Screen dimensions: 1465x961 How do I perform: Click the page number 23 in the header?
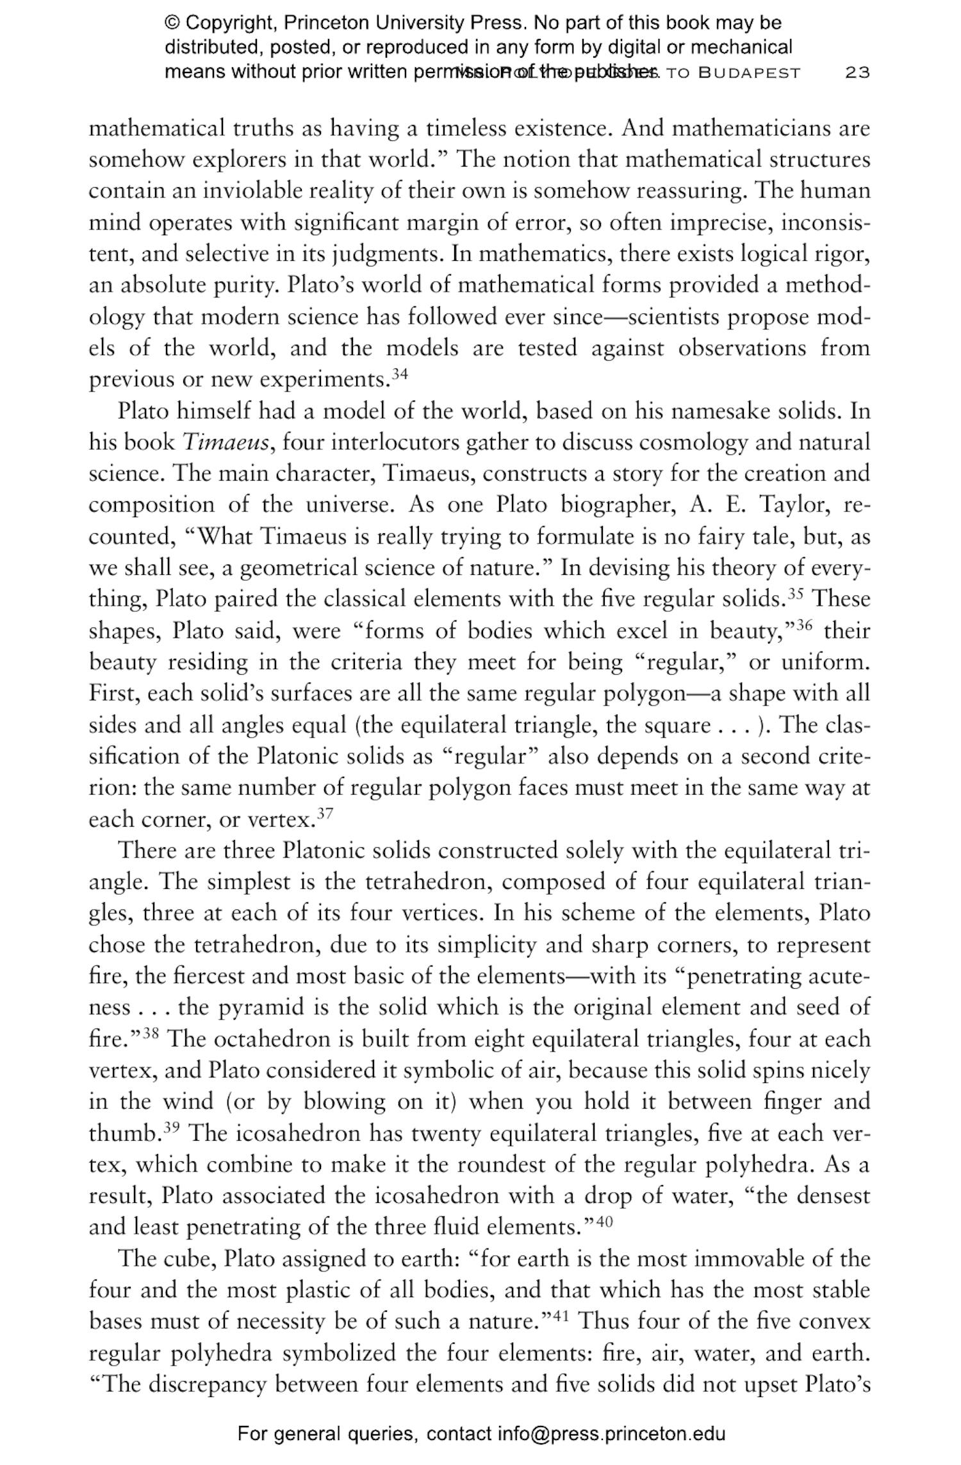(x=857, y=72)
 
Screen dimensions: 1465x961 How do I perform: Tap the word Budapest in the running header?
(x=750, y=72)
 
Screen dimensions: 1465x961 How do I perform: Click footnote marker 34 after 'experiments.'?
(x=400, y=374)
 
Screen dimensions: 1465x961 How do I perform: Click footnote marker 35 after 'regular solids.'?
(x=796, y=593)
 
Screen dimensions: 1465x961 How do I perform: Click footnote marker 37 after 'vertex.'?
(x=325, y=814)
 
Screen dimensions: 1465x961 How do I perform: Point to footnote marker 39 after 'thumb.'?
(x=172, y=1128)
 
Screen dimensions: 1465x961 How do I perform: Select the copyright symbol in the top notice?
(x=172, y=24)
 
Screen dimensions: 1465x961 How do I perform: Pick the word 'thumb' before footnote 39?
(x=124, y=1134)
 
